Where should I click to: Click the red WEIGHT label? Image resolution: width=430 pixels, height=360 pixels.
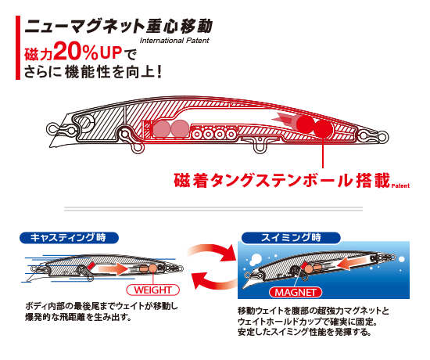(x=152, y=290)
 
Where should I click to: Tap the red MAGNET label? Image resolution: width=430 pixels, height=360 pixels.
(x=296, y=292)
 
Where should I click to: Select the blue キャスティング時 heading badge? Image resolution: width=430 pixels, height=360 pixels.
(x=69, y=238)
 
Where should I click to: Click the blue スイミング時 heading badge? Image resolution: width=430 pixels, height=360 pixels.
(x=291, y=238)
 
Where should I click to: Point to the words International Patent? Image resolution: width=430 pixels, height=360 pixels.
(x=174, y=41)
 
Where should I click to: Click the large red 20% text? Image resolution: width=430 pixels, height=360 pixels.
(x=76, y=52)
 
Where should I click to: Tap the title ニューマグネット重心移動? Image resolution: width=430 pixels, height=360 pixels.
(x=119, y=27)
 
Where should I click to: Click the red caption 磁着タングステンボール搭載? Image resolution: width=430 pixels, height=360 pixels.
(x=282, y=181)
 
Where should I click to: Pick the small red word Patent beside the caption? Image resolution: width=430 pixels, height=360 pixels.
(x=400, y=185)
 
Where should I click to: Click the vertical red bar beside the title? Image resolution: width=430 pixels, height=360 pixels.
(x=18, y=48)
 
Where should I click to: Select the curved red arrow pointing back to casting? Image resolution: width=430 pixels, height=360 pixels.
(x=214, y=280)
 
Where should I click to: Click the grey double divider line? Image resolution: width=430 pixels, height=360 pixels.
(x=213, y=209)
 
